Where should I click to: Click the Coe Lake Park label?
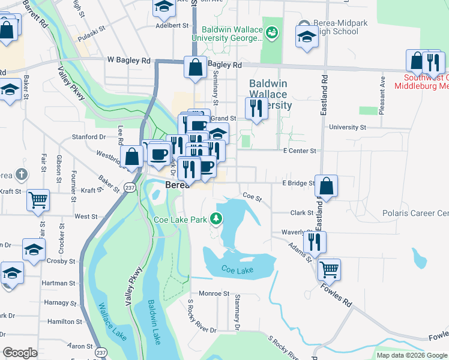coord(181,220)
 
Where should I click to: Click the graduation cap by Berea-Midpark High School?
coord(307,35)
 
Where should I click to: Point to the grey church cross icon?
coord(21,175)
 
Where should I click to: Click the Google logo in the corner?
coord(20,353)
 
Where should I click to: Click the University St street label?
coord(348,127)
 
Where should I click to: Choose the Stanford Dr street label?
coord(89,137)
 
